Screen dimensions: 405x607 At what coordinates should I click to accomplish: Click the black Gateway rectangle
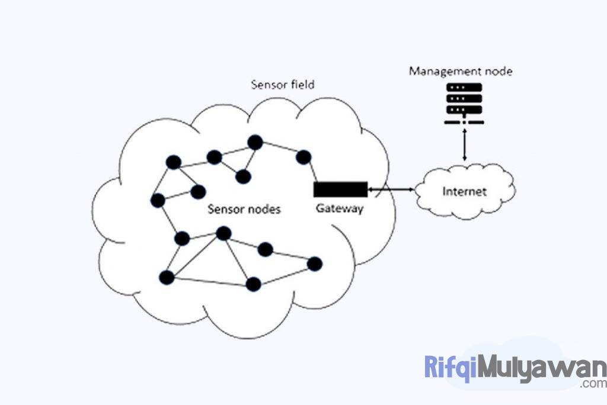[340, 189]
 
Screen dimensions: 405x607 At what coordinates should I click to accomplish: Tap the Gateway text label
[339, 208]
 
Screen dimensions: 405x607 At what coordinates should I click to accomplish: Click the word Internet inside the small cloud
[464, 191]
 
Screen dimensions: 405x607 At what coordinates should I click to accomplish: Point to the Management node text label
[461, 72]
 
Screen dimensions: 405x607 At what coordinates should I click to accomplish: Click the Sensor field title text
[283, 84]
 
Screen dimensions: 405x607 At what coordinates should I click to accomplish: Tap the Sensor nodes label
[244, 209]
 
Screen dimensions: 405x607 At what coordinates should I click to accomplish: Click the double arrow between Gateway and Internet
[391, 189]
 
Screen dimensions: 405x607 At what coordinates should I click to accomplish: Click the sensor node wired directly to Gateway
[303, 157]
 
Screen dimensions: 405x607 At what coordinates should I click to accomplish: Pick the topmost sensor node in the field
[255, 142]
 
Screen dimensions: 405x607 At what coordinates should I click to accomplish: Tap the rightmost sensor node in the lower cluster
[314, 263]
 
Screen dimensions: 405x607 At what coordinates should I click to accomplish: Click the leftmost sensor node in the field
[158, 200]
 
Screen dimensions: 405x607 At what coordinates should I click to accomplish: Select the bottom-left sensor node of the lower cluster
[167, 277]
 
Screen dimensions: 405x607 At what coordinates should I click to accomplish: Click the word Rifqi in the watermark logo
[450, 368]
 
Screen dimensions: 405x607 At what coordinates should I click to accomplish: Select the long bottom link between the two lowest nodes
[210, 281]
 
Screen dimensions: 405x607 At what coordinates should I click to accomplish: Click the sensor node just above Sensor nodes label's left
[198, 191]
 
